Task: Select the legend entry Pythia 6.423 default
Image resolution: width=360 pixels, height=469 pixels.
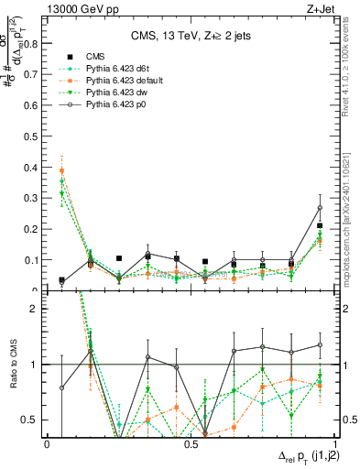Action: [115, 93]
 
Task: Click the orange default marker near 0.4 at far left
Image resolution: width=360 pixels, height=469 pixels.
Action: [62, 170]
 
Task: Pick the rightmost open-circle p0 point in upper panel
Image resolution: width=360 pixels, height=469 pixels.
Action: [320, 208]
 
